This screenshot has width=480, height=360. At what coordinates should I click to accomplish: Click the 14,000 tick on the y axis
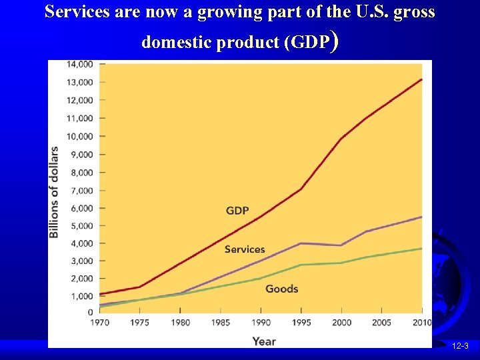[79, 64]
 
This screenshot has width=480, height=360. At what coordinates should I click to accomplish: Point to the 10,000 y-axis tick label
[79, 136]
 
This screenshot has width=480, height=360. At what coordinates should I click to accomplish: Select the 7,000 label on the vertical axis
[81, 190]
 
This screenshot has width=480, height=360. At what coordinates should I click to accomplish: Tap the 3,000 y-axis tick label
[81, 261]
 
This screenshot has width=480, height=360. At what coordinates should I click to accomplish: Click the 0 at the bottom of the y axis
[89, 312]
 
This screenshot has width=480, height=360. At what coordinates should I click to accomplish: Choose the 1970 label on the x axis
[101, 323]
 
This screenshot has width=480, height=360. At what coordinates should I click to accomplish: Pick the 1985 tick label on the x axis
[221, 323]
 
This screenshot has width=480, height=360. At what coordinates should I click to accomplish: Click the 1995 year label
[301, 323]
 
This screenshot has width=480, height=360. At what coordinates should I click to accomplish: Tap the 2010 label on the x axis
[421, 323]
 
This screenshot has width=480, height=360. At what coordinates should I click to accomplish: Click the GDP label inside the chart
[237, 211]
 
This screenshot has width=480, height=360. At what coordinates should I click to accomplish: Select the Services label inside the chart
[245, 249]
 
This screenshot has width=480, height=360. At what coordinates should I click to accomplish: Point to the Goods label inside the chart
[281, 289]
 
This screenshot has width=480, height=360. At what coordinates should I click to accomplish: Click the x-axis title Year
[264, 341]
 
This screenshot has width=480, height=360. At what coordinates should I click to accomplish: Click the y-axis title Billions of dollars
[54, 192]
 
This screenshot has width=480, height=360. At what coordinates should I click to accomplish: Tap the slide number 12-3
[461, 347]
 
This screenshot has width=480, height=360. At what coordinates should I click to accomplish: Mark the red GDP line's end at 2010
[422, 79]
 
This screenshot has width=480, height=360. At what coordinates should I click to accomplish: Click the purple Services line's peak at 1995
[301, 243]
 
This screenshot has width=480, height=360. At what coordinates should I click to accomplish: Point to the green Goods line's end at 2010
[422, 249]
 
